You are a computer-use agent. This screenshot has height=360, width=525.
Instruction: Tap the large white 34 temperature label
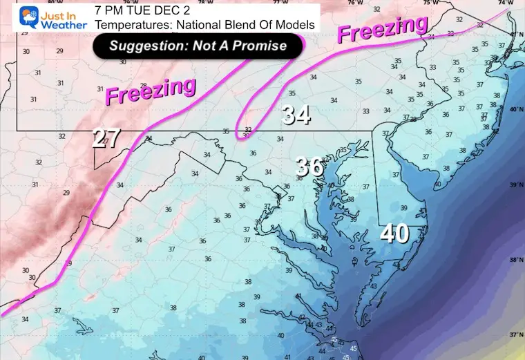(x=296, y=115)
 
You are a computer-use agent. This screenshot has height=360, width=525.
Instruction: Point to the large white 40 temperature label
(x=394, y=234)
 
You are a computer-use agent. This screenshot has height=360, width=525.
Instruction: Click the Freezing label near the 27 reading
(x=150, y=92)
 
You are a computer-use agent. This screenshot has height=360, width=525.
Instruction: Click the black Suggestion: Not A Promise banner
(x=198, y=46)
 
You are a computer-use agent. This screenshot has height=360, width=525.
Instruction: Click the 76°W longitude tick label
(x=354, y=3)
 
